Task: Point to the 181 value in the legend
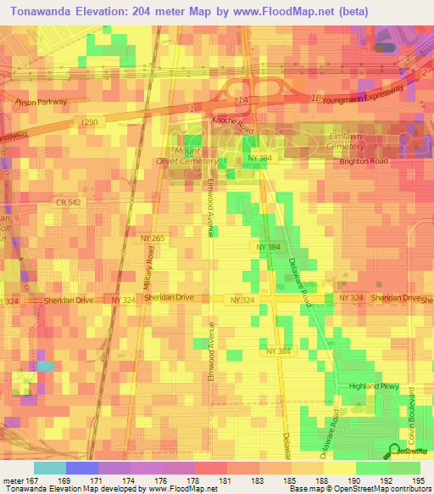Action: click(x=225, y=480)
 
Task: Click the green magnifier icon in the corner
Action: click(x=396, y=452)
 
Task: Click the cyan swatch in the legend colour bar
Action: click(x=49, y=468)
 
